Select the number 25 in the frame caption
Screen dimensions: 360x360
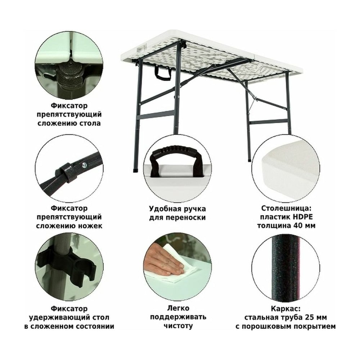click(309, 318)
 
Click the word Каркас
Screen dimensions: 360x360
click(285, 309)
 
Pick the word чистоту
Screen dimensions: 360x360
click(178, 326)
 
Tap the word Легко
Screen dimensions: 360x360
click(178, 308)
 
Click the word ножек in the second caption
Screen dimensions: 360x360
click(91, 226)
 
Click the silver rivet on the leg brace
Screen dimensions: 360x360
click(84, 165)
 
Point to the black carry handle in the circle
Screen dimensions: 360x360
click(177, 161)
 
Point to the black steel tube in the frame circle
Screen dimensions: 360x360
click(285, 268)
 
